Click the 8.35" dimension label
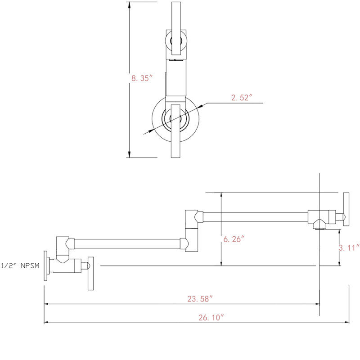(x=142, y=78)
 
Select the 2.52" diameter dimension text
(x=242, y=98)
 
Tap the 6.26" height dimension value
(x=234, y=239)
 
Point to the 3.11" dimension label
(x=349, y=248)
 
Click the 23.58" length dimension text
(x=200, y=299)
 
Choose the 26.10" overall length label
(x=211, y=318)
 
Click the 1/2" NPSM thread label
(x=20, y=265)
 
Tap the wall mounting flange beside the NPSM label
(x=45, y=265)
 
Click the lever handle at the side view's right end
(x=346, y=209)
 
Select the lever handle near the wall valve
(x=91, y=274)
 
